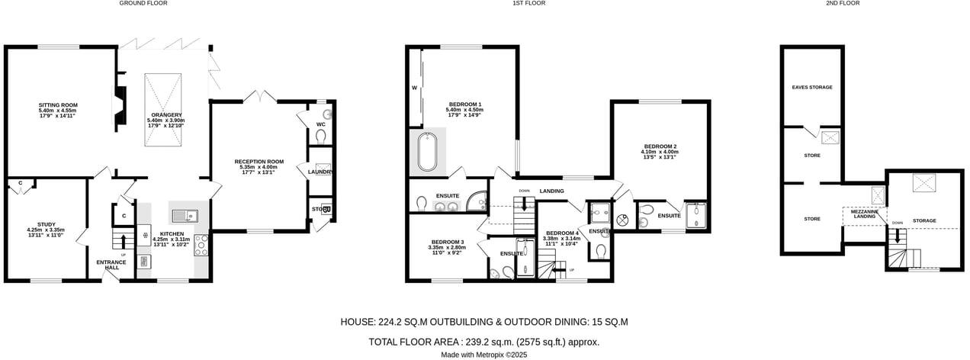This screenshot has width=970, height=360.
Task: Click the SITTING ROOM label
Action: click(59, 105)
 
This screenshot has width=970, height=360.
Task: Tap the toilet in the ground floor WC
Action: click(320, 136)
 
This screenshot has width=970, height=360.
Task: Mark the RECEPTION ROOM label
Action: click(259, 162)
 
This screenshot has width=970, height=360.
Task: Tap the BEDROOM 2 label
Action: click(660, 146)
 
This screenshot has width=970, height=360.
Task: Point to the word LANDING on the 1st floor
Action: click(551, 191)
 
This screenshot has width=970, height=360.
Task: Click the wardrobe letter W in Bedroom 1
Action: click(415, 88)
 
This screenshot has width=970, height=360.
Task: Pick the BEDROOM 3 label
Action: click(446, 243)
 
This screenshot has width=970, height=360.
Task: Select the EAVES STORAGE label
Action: click(811, 88)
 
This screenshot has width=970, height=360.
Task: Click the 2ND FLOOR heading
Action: click(843, 3)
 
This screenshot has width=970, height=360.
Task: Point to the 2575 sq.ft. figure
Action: click(541, 342)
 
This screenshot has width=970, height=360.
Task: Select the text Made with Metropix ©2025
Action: click(483, 355)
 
